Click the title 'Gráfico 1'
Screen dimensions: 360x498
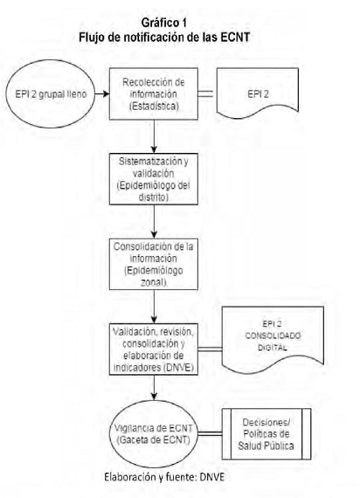tap(164, 23)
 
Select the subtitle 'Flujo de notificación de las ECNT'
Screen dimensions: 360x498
tap(164, 38)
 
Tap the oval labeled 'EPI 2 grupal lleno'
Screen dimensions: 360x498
tap(51, 93)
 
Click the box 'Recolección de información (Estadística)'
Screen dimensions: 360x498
tap(154, 93)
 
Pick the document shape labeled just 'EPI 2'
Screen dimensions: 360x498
tap(258, 92)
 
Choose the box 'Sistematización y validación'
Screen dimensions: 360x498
tap(154, 179)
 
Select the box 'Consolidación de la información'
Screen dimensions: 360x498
tap(154, 264)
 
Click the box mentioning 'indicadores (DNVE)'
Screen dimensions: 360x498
tap(154, 349)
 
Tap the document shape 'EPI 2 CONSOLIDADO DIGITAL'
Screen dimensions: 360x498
tap(273, 338)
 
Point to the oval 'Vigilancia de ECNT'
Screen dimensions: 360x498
tap(154, 433)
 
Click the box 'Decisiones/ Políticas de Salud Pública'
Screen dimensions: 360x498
tap(267, 434)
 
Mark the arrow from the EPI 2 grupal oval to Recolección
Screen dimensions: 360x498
tap(102, 93)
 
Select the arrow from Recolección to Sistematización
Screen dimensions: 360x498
tap(154, 136)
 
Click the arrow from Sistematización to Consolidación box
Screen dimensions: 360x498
tap(154, 222)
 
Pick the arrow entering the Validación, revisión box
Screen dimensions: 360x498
tap(154, 307)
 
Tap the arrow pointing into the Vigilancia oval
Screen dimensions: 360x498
tap(154, 388)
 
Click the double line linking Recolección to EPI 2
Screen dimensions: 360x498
tap(205, 93)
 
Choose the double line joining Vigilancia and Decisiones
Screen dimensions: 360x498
tap(210, 434)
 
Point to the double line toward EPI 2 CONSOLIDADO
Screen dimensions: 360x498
tap(210, 349)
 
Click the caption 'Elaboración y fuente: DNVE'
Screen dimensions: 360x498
tap(164, 477)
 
